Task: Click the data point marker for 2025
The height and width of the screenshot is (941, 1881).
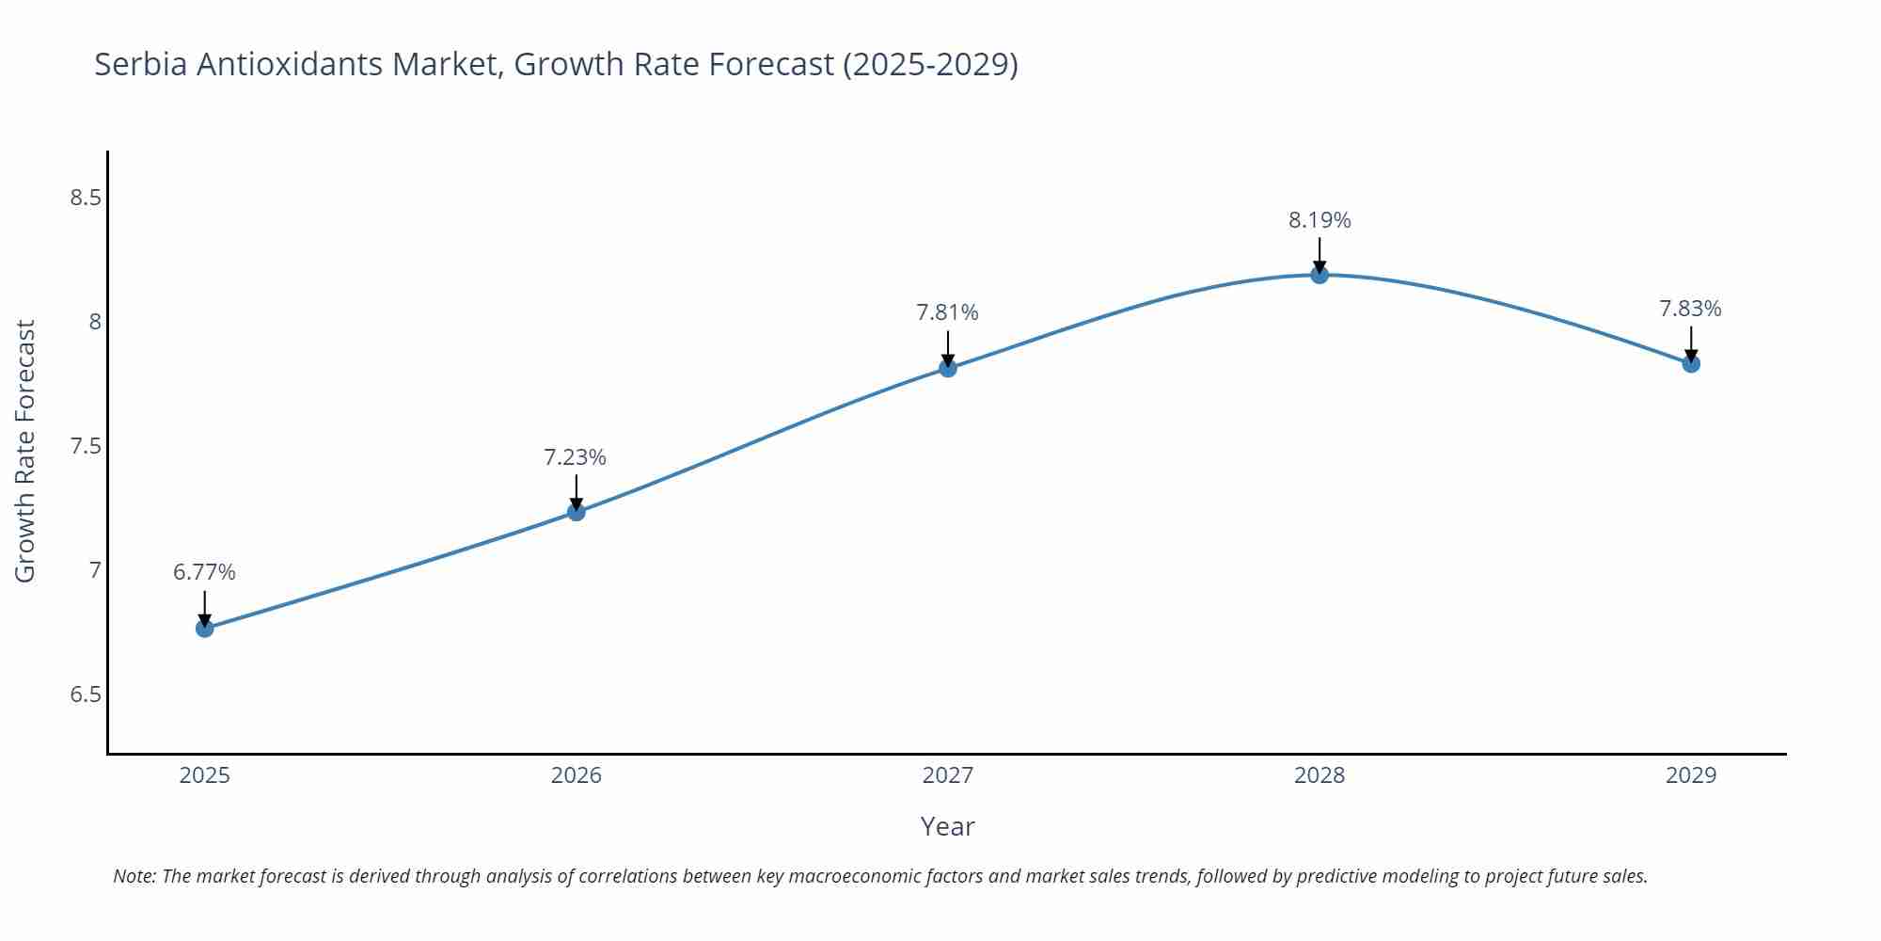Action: (x=205, y=628)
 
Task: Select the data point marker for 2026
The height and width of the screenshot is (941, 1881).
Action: (x=577, y=512)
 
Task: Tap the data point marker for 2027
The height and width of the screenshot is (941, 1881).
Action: (x=948, y=368)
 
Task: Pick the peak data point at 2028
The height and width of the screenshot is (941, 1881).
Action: (x=1320, y=275)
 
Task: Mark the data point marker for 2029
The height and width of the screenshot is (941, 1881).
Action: (x=1691, y=363)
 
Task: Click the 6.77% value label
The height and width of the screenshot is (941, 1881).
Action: (x=204, y=572)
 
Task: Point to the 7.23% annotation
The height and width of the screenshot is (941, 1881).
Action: (x=575, y=457)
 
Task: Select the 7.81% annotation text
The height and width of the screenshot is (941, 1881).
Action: (x=947, y=312)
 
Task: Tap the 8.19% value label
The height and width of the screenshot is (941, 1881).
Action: (x=1320, y=220)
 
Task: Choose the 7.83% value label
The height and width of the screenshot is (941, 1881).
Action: (x=1690, y=309)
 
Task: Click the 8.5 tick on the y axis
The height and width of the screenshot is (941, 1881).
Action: (x=86, y=198)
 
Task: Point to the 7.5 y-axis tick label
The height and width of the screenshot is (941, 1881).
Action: (x=86, y=446)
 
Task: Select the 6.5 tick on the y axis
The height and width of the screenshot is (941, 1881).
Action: (x=86, y=694)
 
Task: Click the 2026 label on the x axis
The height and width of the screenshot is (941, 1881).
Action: (x=577, y=775)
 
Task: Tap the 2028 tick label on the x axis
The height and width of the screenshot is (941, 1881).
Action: (x=1320, y=775)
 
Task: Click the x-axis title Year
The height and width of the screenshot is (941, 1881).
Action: (x=947, y=826)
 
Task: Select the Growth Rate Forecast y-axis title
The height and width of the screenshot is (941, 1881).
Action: (x=25, y=451)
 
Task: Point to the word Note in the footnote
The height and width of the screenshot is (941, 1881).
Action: (x=134, y=876)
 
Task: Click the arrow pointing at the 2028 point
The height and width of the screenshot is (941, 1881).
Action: (x=1320, y=254)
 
